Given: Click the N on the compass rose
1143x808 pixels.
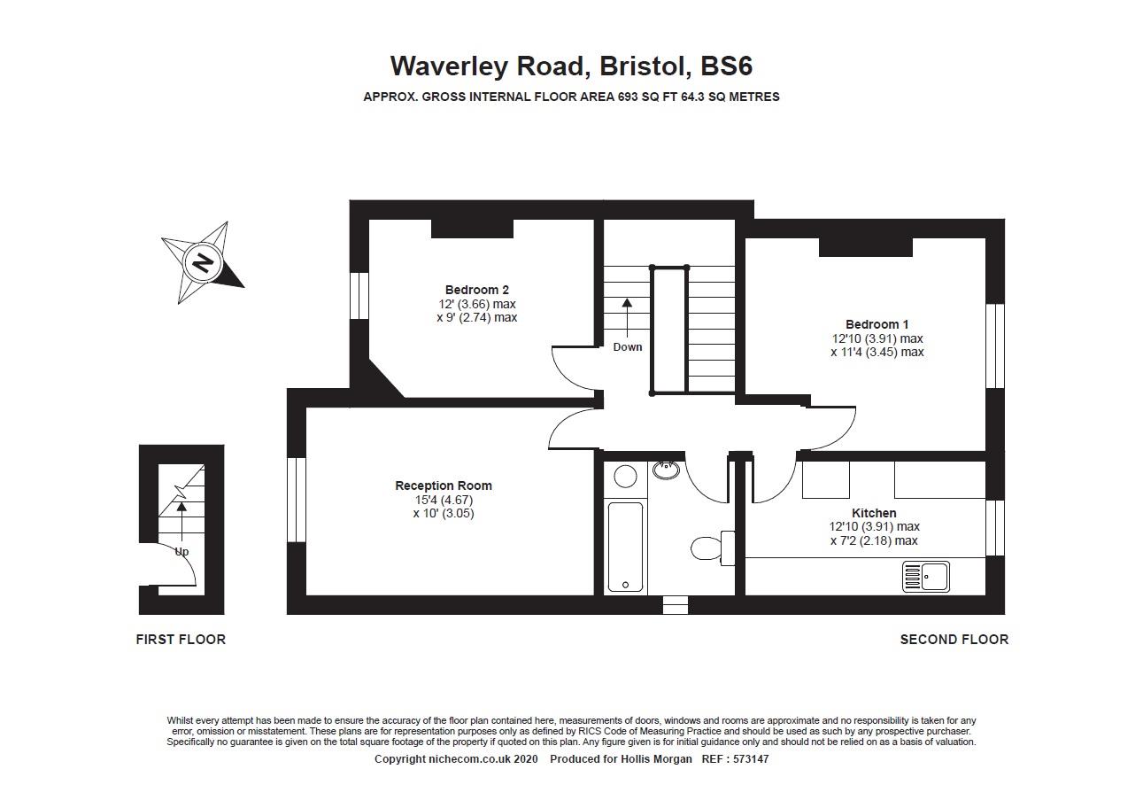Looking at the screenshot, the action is point(203,263).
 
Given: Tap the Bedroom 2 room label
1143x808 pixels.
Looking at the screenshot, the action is point(476,290).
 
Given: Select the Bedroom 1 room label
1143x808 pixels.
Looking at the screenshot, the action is point(877,324).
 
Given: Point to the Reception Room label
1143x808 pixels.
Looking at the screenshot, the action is point(444,486).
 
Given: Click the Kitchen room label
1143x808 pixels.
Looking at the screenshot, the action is point(874,513).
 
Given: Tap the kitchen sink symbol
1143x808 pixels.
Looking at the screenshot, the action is point(925,577).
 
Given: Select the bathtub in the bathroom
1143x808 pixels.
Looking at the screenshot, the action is point(625,547).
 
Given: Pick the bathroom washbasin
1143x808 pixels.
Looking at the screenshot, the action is point(666,470).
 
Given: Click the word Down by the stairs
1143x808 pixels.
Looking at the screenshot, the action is point(627,347).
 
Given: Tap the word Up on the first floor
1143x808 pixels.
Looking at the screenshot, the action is point(181,552).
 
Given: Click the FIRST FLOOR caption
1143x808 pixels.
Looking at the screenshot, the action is point(181,640).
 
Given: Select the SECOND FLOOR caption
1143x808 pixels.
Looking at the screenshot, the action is point(954,640).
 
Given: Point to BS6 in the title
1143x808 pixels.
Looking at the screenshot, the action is point(727,66).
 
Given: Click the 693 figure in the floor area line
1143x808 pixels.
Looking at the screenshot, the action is point(628,97).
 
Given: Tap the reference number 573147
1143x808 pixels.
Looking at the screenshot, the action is point(751,759).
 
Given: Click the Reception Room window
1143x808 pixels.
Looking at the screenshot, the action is point(297,500).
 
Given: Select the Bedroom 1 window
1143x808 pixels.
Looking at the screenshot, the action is point(995,346).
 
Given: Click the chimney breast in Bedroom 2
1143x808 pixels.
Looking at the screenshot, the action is point(472,229).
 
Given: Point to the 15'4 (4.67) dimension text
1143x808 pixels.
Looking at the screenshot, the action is point(444,500).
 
